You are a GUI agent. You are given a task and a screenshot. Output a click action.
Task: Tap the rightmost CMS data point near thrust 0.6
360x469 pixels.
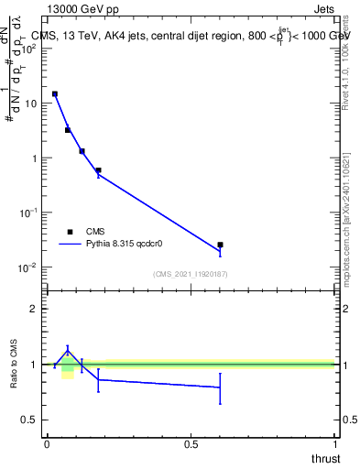click(220, 245)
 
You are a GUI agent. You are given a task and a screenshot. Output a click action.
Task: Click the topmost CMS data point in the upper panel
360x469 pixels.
click(55, 93)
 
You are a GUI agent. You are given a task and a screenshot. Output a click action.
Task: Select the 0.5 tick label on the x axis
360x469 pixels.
click(191, 444)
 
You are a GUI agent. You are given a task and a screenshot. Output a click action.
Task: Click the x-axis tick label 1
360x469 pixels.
click(335, 444)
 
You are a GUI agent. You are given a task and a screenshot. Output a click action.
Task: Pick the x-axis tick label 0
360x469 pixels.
click(47, 444)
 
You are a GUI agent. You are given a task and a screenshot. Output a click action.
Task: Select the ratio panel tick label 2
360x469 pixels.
click(34, 309)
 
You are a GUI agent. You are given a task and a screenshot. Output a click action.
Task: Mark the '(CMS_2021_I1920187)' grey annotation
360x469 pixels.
click(191, 274)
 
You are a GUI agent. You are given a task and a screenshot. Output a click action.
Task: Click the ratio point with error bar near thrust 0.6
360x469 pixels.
click(220, 387)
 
